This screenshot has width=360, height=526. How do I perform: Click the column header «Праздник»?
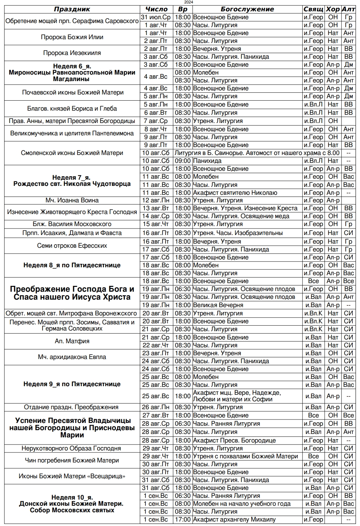(x=72, y=9)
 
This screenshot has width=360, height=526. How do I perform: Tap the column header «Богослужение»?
(x=247, y=9)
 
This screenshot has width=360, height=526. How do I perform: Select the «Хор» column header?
(x=333, y=9)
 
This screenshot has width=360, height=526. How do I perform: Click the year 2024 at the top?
(x=188, y=2)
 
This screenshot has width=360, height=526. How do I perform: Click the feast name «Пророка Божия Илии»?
(x=72, y=37)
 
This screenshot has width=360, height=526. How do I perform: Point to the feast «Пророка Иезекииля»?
(x=72, y=53)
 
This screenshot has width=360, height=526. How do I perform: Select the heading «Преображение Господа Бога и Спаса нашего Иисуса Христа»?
(x=72, y=293)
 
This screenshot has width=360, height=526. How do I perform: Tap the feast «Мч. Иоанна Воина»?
(x=72, y=200)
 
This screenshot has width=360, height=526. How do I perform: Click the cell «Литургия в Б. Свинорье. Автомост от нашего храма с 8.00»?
(x=257, y=153)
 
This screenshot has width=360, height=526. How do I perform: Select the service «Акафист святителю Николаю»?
(x=235, y=193)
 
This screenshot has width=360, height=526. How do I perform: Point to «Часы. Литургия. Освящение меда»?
(x=241, y=216)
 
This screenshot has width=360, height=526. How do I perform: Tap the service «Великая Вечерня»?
(x=218, y=305)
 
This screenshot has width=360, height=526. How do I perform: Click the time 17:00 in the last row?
(x=183, y=519)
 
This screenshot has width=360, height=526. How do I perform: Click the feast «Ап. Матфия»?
(x=72, y=341)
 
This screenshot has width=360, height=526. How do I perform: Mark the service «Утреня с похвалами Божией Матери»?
(x=245, y=456)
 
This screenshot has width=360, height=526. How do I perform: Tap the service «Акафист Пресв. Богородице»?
(x=234, y=440)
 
